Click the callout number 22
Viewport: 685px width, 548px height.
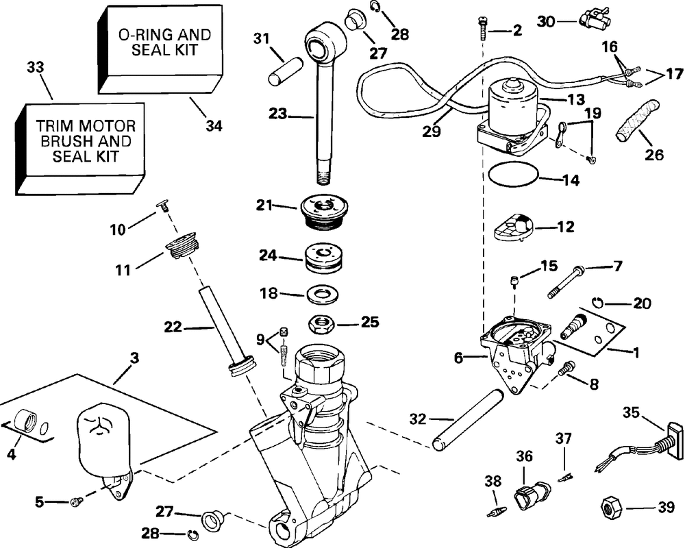pyautogui.click(x=173, y=327)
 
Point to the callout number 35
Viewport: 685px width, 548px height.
pyautogui.click(x=631, y=412)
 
